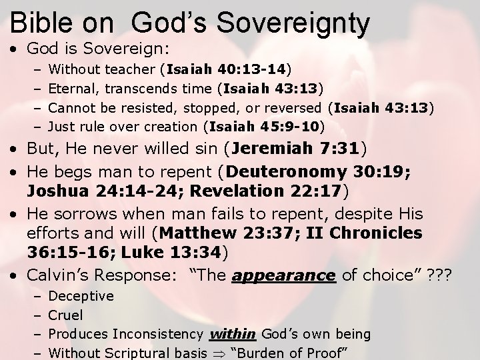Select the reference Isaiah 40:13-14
[x=229, y=68]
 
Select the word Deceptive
[x=81, y=295]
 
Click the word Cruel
[x=67, y=314]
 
